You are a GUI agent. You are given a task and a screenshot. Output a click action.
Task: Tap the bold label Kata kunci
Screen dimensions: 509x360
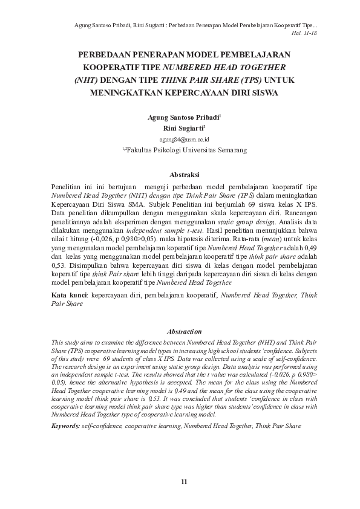[x=68, y=296]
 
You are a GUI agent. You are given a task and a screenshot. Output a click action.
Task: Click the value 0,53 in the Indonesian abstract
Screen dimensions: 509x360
[x=58, y=264]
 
